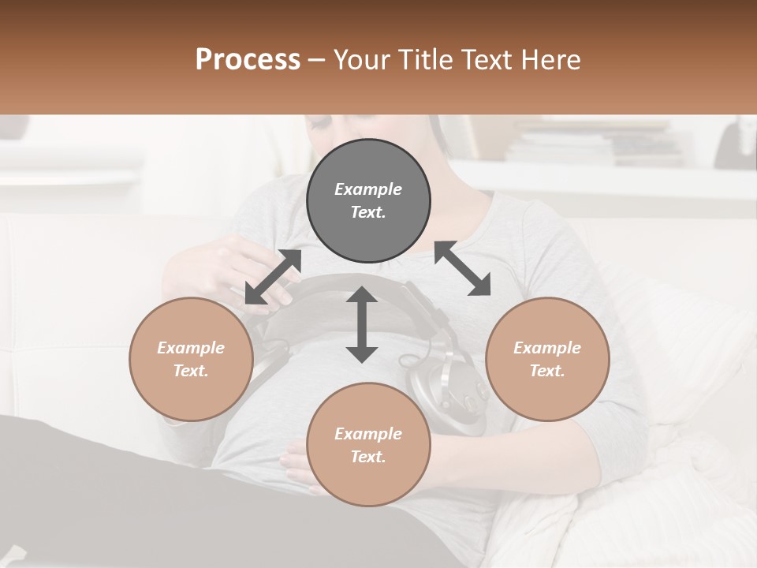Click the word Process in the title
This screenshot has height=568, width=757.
point(248,60)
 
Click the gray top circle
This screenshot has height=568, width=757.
point(368,201)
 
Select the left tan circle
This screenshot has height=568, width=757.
point(191,359)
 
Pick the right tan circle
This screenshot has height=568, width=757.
point(547,359)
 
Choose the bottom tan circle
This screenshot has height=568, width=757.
point(368,444)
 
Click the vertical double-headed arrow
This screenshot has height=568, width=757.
point(362,324)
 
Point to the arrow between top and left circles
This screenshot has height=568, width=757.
point(273,277)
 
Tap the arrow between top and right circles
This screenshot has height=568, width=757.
point(463,269)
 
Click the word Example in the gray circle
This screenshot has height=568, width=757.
point(368,189)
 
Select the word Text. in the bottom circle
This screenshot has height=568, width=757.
point(368,457)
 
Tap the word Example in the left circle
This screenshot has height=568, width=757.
point(191,348)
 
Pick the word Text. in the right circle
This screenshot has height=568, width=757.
point(547,371)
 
